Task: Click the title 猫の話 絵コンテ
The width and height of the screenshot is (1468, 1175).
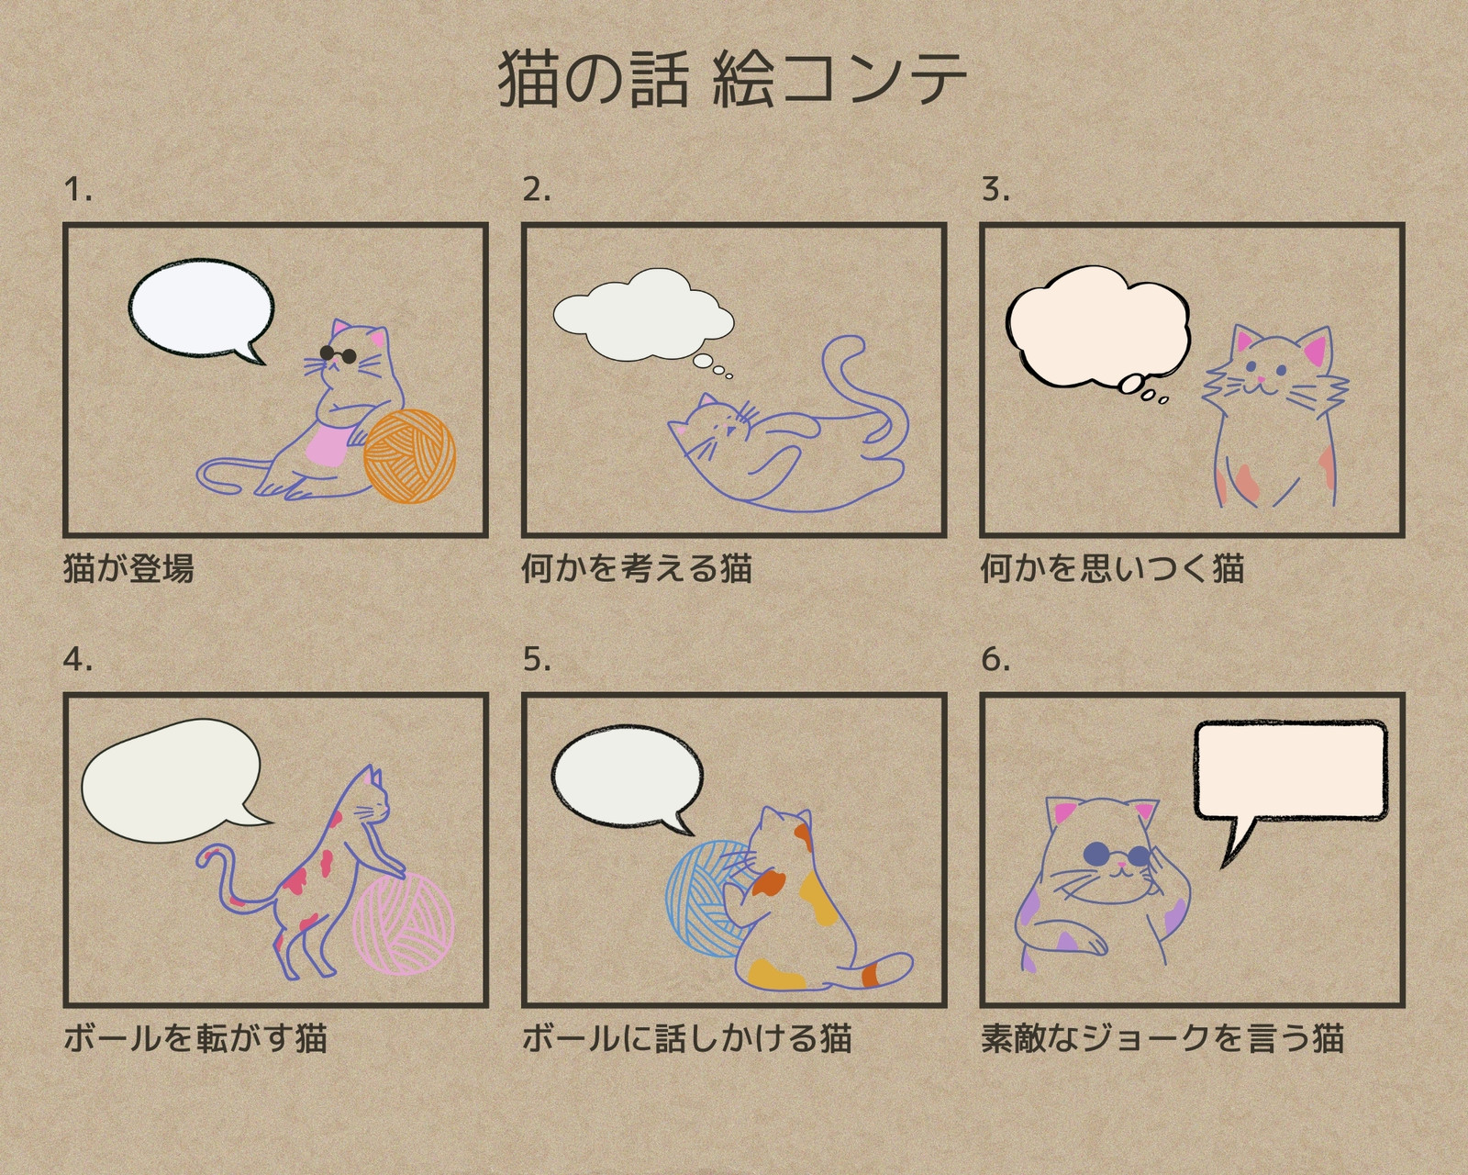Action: click(x=732, y=80)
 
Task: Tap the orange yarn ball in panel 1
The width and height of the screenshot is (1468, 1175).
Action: click(x=409, y=455)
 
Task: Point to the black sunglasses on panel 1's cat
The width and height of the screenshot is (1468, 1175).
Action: click(x=339, y=354)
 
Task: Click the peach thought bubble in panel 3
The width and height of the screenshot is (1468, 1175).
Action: click(x=1098, y=328)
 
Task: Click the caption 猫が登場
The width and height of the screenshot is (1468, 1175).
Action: click(x=129, y=568)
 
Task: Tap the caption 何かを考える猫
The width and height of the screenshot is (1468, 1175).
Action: click(x=637, y=568)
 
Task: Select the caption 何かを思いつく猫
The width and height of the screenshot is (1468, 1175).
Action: click(x=1113, y=568)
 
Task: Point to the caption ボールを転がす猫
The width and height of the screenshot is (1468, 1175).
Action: click(x=195, y=1038)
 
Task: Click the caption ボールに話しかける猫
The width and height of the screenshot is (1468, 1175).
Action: click(x=687, y=1038)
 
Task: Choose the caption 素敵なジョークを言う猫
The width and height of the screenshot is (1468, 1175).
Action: click(x=1162, y=1038)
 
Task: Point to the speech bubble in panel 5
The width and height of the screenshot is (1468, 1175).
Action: click(x=627, y=778)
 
